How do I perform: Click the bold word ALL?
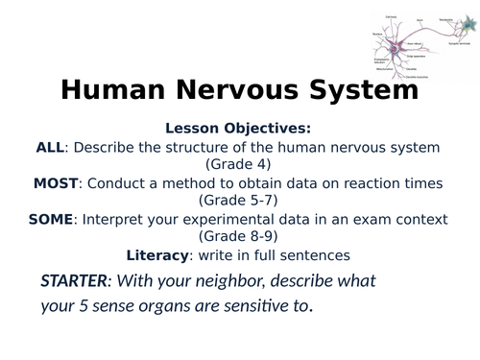(49, 147)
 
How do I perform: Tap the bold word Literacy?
(158, 254)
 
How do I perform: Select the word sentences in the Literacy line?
(317, 254)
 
